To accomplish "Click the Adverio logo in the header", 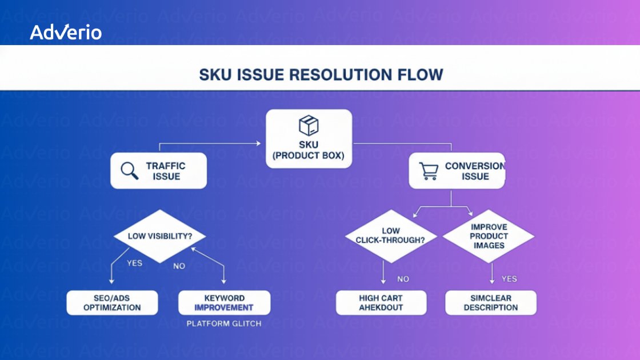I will (x=66, y=33).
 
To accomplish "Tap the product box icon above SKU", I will (x=309, y=125).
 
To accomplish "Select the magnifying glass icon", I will (x=130, y=171).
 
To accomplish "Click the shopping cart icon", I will (x=428, y=171).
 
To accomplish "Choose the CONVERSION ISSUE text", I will (x=475, y=171).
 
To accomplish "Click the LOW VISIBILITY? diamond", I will (x=159, y=236).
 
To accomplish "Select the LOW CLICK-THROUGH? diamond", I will (x=391, y=235).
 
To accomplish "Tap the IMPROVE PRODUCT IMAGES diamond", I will (x=489, y=236).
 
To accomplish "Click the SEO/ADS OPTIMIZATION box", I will (x=112, y=302).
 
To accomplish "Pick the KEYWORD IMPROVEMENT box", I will (x=224, y=302).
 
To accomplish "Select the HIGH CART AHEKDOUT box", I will (x=381, y=302).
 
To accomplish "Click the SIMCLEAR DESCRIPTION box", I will (x=490, y=302).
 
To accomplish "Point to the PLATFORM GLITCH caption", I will (x=224, y=323).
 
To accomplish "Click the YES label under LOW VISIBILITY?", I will (x=134, y=263).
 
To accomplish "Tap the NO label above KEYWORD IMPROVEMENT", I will (x=179, y=266).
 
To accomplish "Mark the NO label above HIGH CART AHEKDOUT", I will (x=403, y=279).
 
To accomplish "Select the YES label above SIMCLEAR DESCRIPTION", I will (x=509, y=279).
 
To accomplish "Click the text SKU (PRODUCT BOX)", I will (x=309, y=151).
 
